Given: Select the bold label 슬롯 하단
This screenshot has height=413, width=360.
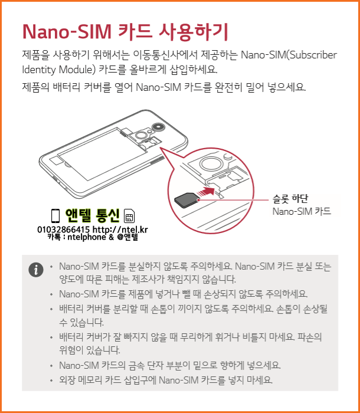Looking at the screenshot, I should click(x=290, y=199).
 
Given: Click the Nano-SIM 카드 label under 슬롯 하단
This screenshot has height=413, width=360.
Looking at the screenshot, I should click(x=301, y=211).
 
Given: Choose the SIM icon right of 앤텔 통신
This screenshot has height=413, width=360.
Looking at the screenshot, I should click(x=129, y=215).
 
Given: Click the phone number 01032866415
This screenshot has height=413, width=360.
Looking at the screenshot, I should click(x=63, y=229).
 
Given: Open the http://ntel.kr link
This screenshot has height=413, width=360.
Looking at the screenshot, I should click(x=120, y=229).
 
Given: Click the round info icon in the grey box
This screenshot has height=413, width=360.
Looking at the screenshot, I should click(x=37, y=270).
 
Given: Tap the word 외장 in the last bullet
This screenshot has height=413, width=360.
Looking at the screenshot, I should click(x=66, y=379).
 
